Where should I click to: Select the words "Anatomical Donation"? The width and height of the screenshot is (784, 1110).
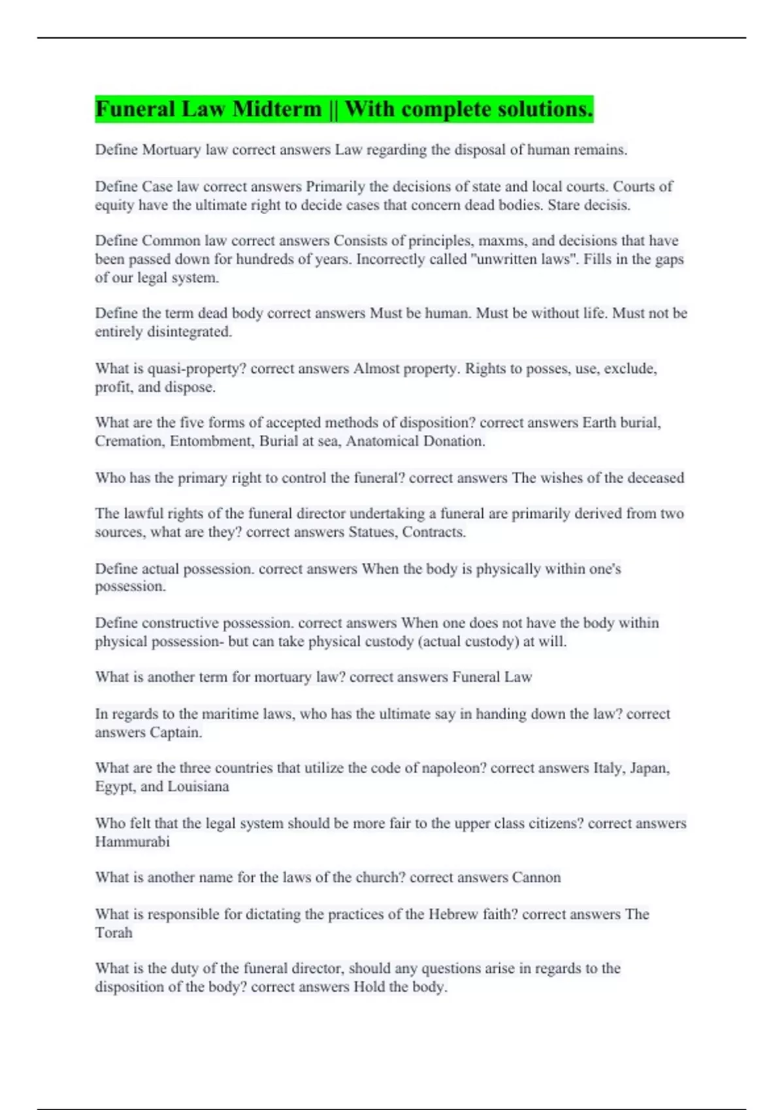click(415, 441)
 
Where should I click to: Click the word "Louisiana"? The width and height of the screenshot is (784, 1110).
click(198, 786)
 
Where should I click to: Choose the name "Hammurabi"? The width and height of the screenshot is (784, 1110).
click(132, 842)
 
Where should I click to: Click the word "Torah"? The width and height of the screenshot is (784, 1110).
click(114, 932)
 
